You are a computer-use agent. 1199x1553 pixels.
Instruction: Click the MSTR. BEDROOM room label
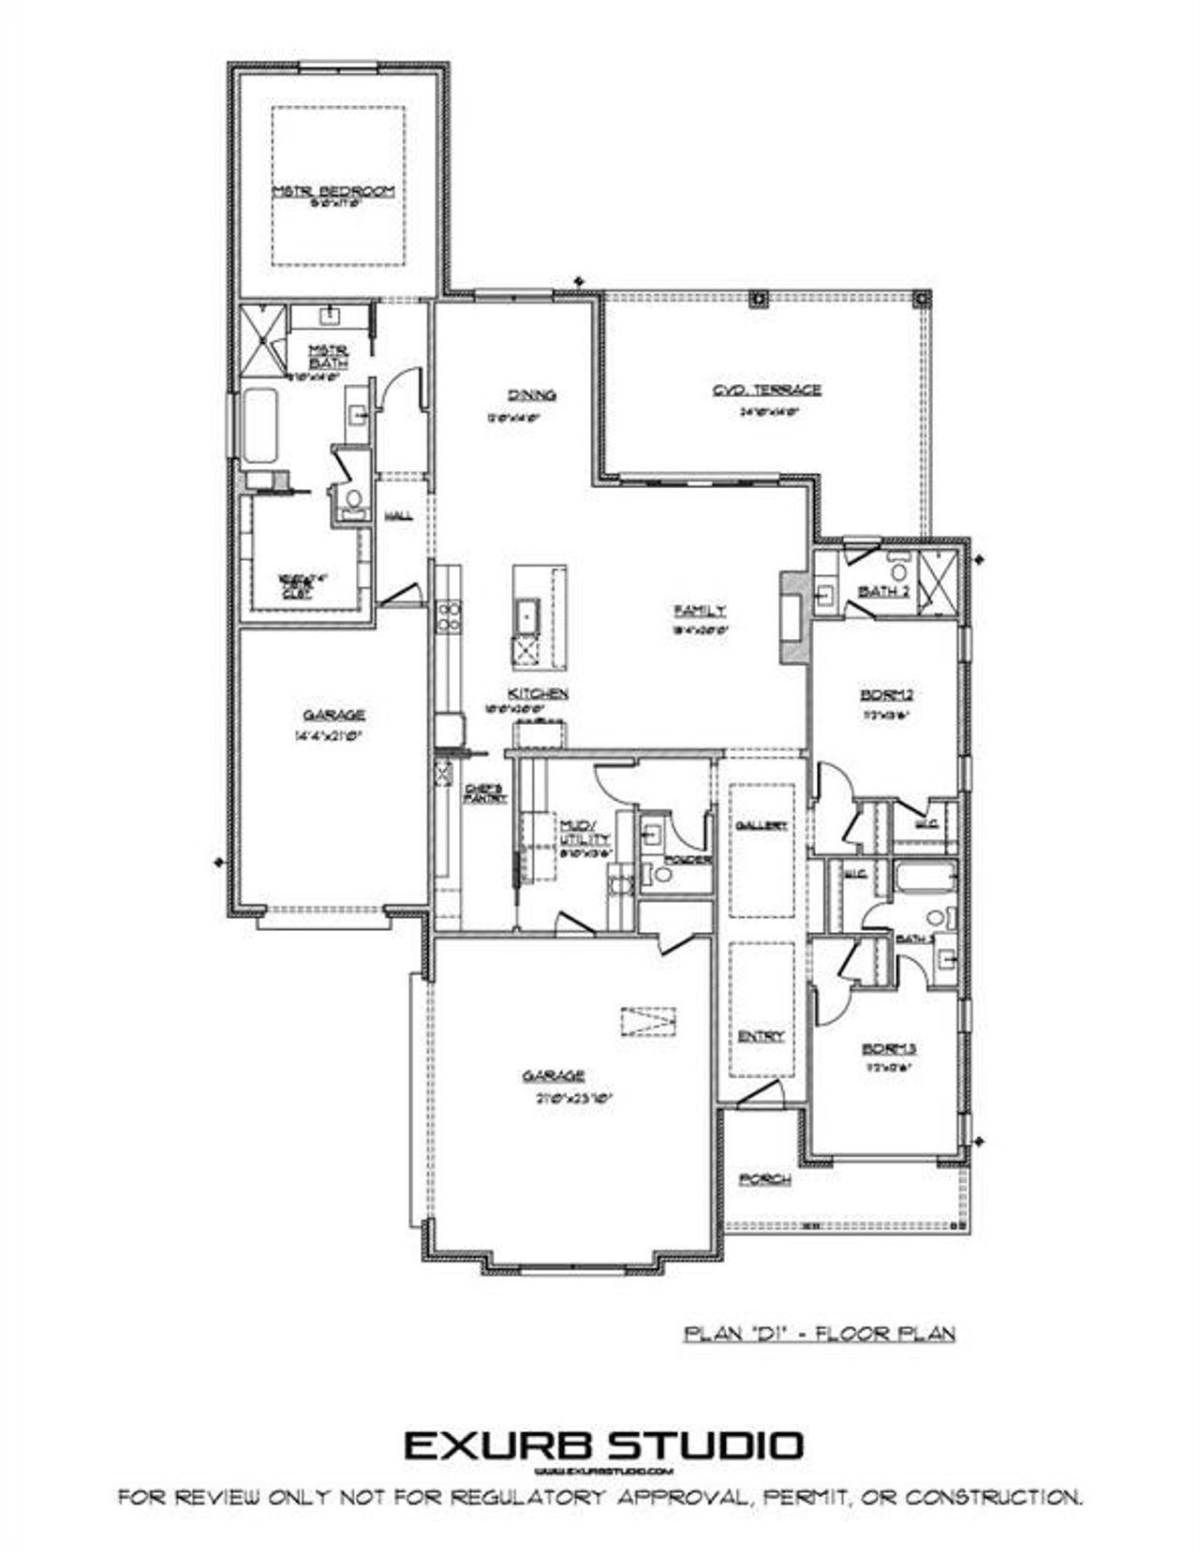pos(333,191)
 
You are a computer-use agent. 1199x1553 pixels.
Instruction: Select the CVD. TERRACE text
pos(766,390)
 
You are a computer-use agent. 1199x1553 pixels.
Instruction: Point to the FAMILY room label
pos(700,611)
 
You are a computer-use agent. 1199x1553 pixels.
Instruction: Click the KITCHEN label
pos(538,693)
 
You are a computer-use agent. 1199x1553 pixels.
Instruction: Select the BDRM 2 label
pos(885,694)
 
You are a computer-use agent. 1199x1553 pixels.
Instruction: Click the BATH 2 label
pos(884,591)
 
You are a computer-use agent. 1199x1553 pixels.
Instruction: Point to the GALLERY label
pos(761,825)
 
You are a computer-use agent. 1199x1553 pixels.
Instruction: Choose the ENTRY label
pos(761,1036)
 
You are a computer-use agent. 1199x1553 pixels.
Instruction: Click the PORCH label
pos(765,1178)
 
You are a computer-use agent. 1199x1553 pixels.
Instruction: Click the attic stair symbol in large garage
pos(647,1020)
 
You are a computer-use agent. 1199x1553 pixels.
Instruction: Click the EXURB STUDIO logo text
pos(603,1445)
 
